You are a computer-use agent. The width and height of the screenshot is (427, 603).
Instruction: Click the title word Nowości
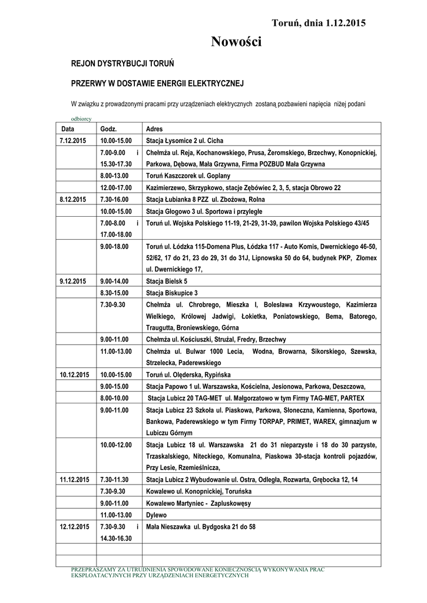(x=236, y=42)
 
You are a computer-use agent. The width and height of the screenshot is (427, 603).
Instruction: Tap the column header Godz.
(x=109, y=129)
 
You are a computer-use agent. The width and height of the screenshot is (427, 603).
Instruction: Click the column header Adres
(x=154, y=129)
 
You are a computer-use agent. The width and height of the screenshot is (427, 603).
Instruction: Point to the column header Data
(x=68, y=129)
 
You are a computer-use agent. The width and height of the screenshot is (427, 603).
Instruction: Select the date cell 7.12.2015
(x=73, y=141)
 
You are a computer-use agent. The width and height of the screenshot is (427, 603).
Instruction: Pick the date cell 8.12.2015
(x=73, y=200)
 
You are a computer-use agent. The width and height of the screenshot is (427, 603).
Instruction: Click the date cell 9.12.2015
(x=73, y=281)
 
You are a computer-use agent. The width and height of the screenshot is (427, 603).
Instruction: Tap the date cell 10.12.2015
(x=74, y=375)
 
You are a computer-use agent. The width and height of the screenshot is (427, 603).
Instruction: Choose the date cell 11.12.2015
(x=74, y=479)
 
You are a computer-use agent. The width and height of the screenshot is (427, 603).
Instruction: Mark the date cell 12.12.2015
(x=74, y=526)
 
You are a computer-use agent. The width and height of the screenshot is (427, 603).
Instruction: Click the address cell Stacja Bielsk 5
(x=167, y=281)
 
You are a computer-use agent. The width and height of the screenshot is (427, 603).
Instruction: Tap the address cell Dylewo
(x=156, y=515)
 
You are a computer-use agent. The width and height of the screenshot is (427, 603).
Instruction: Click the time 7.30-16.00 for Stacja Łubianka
(x=115, y=200)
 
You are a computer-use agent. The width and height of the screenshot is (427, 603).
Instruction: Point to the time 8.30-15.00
(x=115, y=293)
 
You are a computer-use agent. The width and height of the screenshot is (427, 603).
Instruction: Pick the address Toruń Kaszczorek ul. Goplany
(x=188, y=175)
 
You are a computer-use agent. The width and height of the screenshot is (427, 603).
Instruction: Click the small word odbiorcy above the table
(x=81, y=118)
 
